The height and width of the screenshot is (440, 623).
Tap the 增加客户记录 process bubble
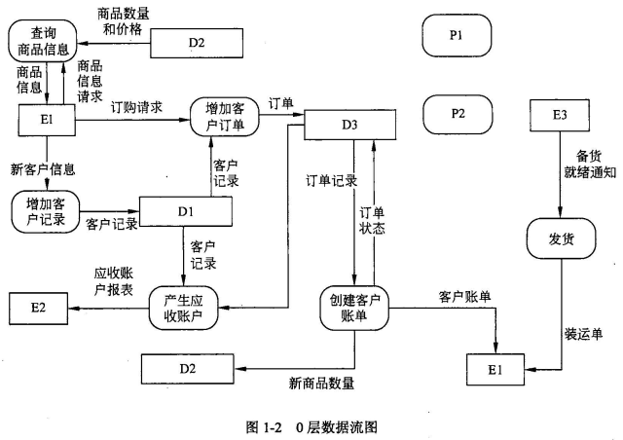46,211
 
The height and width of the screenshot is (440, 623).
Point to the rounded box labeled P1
457,35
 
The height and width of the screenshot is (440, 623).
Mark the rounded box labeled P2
457,114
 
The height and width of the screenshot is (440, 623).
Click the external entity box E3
560,116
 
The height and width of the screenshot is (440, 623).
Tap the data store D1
185,211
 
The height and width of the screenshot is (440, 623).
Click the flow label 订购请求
137,106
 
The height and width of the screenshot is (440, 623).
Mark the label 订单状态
372,220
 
